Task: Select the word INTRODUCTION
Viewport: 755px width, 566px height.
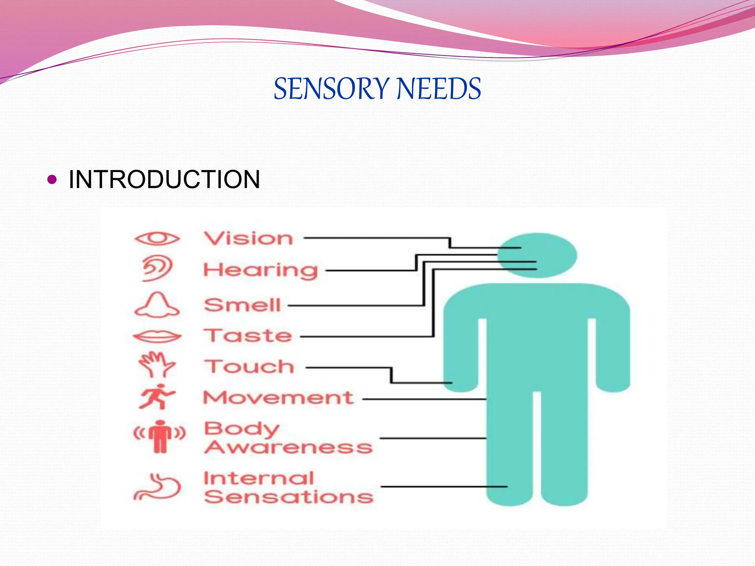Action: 164,179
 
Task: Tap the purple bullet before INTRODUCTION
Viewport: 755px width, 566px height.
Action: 52,179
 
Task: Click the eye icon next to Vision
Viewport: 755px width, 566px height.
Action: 157,238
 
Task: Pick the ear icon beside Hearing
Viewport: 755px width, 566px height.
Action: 157,268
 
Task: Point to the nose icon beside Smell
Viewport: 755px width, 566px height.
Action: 157,305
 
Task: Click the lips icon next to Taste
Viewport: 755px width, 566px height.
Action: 157,336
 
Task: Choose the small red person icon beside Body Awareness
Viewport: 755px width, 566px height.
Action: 160,436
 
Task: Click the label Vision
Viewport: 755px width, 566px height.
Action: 248,238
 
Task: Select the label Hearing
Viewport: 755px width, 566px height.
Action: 260,270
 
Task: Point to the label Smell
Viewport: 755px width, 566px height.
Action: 243,305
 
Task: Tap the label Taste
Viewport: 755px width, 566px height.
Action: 248,336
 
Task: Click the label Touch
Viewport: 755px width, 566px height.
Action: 249,367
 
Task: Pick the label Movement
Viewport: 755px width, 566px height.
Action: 278,398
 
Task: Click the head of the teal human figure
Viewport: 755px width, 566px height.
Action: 537,255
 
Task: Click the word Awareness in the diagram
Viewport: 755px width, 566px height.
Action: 288,447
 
